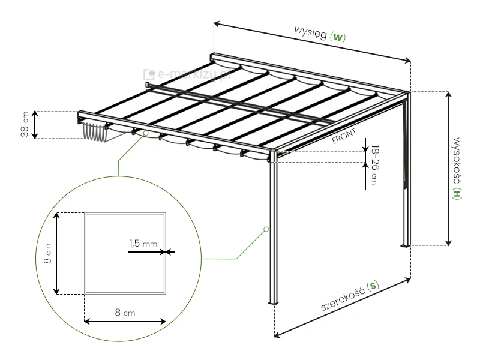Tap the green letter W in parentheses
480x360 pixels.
[338, 37]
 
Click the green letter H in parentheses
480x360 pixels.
[457, 194]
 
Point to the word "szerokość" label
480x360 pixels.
[343, 298]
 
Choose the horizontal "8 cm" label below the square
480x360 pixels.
[124, 313]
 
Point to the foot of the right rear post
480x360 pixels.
[405, 245]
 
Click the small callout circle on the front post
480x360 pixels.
[265, 229]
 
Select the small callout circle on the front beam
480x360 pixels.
[145, 134]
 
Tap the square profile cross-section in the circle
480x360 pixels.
[124, 253]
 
